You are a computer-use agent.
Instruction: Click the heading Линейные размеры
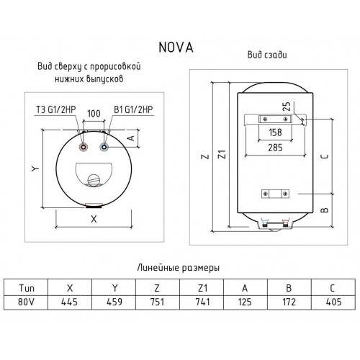point(178,267)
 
